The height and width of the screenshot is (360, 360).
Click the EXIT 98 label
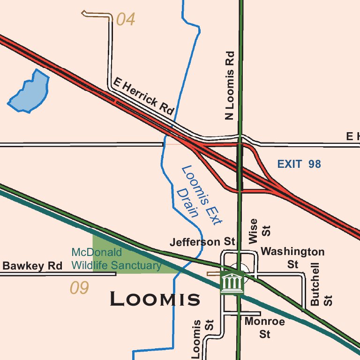pos(299,164)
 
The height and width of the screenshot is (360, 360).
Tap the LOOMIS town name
pos(155,299)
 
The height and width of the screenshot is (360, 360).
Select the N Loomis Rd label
pos(229,85)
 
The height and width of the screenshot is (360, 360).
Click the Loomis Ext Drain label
pos(197,195)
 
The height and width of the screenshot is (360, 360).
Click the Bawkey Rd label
pos(32,266)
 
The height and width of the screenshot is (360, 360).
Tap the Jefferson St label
pos(202,242)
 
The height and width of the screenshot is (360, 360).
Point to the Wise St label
pos(259,231)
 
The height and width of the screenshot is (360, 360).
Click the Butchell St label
pos(321,285)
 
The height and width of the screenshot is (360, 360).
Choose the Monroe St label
pos(265,328)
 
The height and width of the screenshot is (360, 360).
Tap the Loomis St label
pos(202,339)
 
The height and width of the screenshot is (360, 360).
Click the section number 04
pos(126,20)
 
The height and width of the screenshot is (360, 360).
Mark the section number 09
pos(79,288)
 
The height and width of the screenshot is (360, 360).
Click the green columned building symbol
pos(232,283)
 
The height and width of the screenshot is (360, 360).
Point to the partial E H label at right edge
pos(352,136)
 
